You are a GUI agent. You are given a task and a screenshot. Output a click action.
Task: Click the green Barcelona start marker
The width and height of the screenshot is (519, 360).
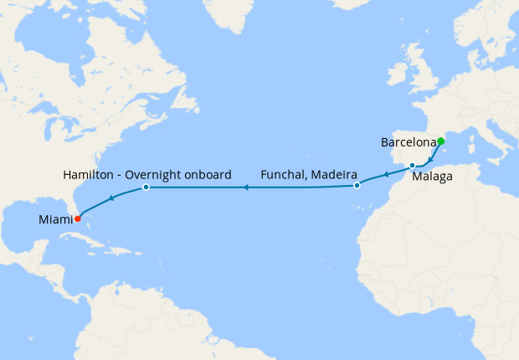pyautogui.click(x=440, y=141)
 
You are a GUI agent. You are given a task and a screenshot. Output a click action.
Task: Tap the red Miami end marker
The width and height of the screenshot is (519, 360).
pyautogui.click(x=78, y=219)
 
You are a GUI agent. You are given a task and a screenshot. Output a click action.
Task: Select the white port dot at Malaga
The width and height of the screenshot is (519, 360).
pyautogui.click(x=412, y=165)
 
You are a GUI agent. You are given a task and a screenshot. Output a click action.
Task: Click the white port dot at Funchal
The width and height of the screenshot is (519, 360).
pyautogui.click(x=357, y=185)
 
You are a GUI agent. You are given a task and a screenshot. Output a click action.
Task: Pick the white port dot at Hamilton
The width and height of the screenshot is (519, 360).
pyautogui.click(x=146, y=187)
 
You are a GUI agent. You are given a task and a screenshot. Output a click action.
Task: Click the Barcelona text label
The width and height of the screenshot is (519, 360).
pyautogui.click(x=408, y=142)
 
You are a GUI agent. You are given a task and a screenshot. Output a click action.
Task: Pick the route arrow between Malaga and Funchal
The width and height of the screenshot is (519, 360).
pyautogui.click(x=385, y=175)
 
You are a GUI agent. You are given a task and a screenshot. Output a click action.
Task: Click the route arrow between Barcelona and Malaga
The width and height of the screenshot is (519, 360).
pyautogui.click(x=430, y=159)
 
